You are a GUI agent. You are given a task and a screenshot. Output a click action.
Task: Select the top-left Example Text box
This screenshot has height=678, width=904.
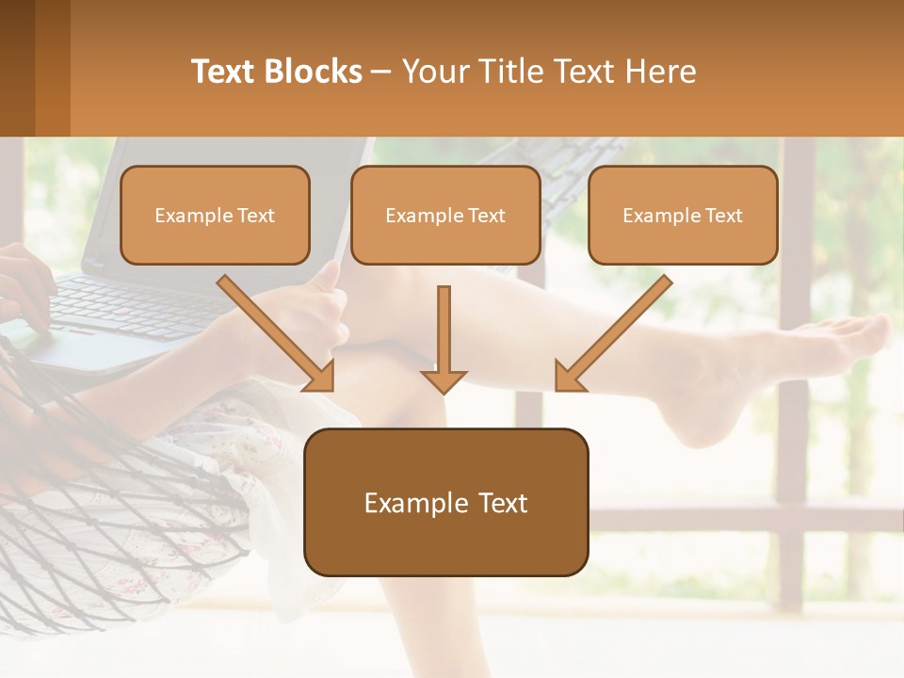point(215,215)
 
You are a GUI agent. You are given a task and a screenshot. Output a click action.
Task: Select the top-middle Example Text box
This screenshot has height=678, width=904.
point(445,215)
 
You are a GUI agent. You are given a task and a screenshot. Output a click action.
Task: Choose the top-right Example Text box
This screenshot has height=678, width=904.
point(683,215)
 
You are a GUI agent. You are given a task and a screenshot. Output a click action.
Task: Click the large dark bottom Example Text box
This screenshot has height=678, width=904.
point(445,502)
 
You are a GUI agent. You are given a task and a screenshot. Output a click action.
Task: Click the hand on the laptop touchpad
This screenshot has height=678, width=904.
point(24,292)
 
